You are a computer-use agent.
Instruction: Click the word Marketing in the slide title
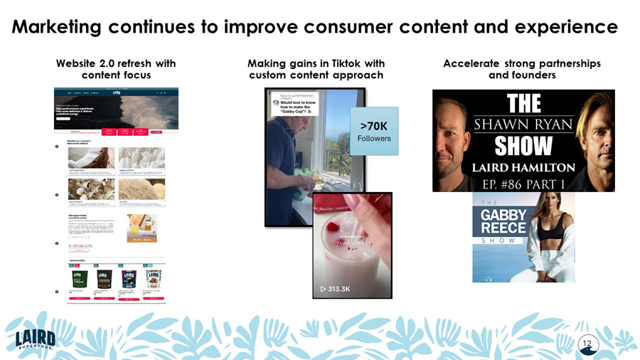click(58, 27)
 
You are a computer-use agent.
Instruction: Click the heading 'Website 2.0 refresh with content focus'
click(116, 69)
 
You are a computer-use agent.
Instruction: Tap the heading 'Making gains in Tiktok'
click(316, 63)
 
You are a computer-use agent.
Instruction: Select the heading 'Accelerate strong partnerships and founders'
click(521, 69)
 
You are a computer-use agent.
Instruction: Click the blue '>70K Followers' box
click(374, 132)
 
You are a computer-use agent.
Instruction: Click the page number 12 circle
click(587, 344)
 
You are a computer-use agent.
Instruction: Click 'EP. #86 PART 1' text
click(523, 183)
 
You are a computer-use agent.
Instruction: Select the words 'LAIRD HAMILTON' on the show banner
click(523, 167)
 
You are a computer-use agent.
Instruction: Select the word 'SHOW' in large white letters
click(523, 147)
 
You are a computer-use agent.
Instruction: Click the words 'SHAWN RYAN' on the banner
click(523, 125)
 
